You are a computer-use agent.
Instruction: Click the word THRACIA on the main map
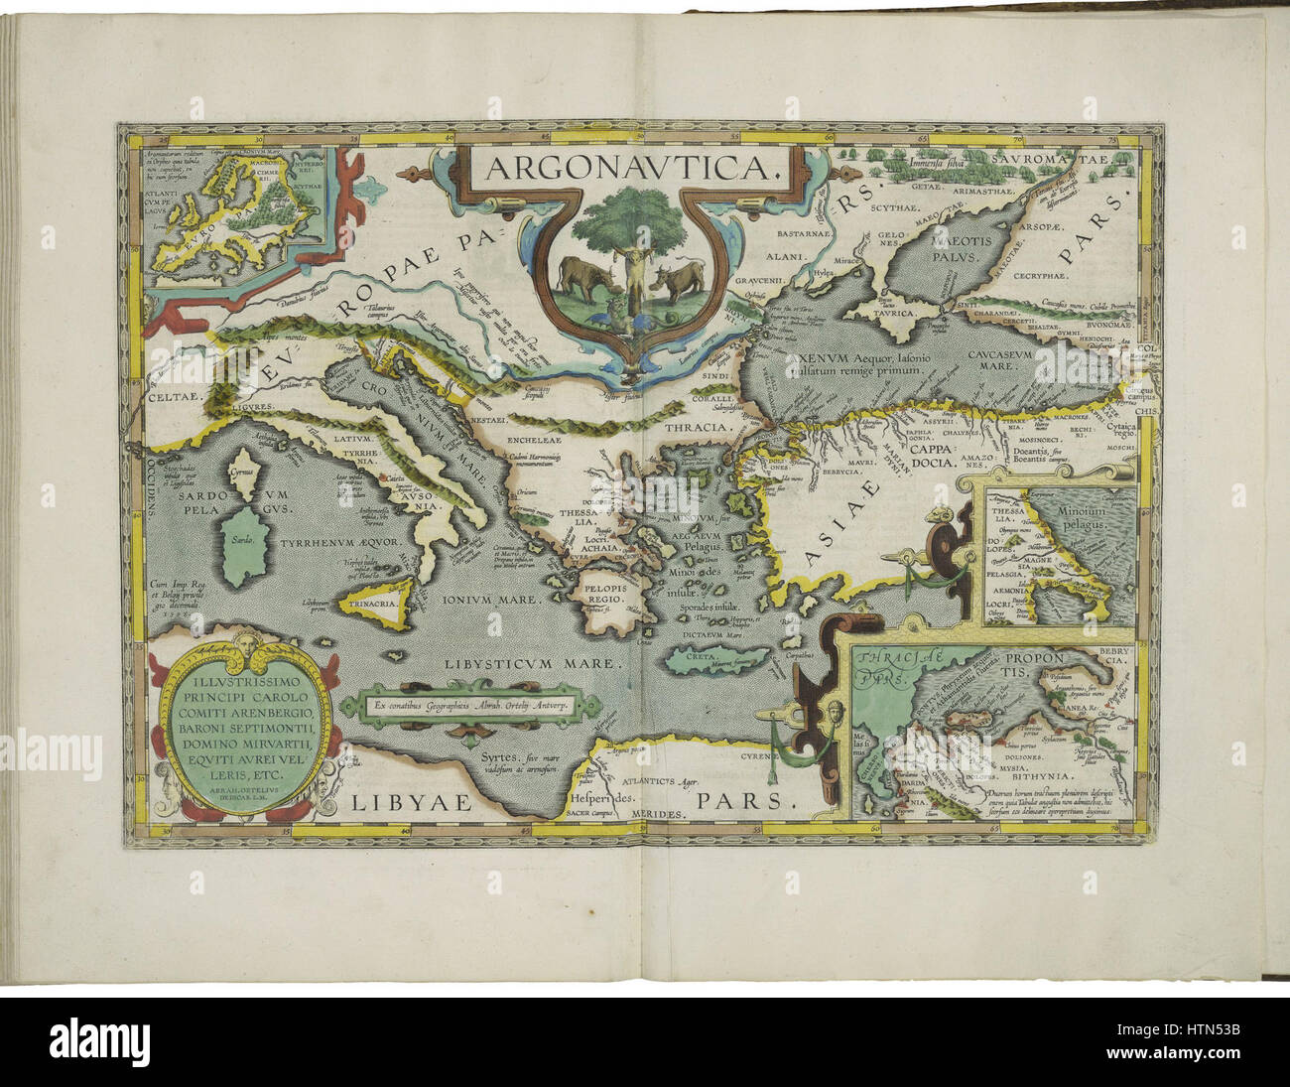(x=696, y=429)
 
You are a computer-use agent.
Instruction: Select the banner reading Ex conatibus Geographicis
(x=469, y=705)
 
